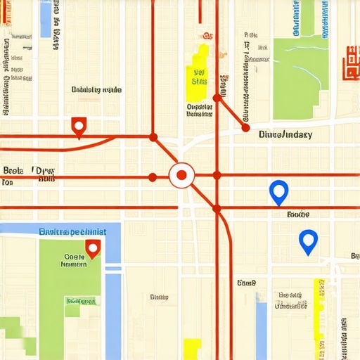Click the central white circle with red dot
[181, 175]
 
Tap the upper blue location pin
[279, 191]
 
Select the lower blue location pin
[308, 241]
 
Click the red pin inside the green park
[92, 247]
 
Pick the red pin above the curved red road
[79, 127]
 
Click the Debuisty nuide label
[96, 90]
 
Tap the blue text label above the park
[72, 231]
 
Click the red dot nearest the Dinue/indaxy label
[245, 128]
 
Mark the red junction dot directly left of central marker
[153, 176]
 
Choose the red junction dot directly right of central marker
[217, 176]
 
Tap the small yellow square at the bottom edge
[192, 348]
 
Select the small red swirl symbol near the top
[207, 34]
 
